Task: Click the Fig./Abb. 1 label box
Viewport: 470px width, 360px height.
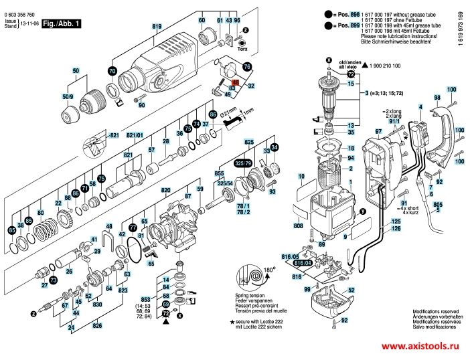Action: click(61, 23)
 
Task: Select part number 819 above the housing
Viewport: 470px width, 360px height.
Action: click(157, 26)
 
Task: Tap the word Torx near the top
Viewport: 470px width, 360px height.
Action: click(242, 48)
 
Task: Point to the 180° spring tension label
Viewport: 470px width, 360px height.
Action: click(270, 269)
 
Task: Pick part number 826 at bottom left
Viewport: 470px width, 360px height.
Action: click(98, 326)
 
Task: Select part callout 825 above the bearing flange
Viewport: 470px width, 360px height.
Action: click(249, 142)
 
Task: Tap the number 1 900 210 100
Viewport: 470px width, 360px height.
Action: click(392, 66)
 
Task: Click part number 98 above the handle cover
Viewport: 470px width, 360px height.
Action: click(437, 98)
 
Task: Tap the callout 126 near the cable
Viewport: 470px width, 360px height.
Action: click(396, 229)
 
